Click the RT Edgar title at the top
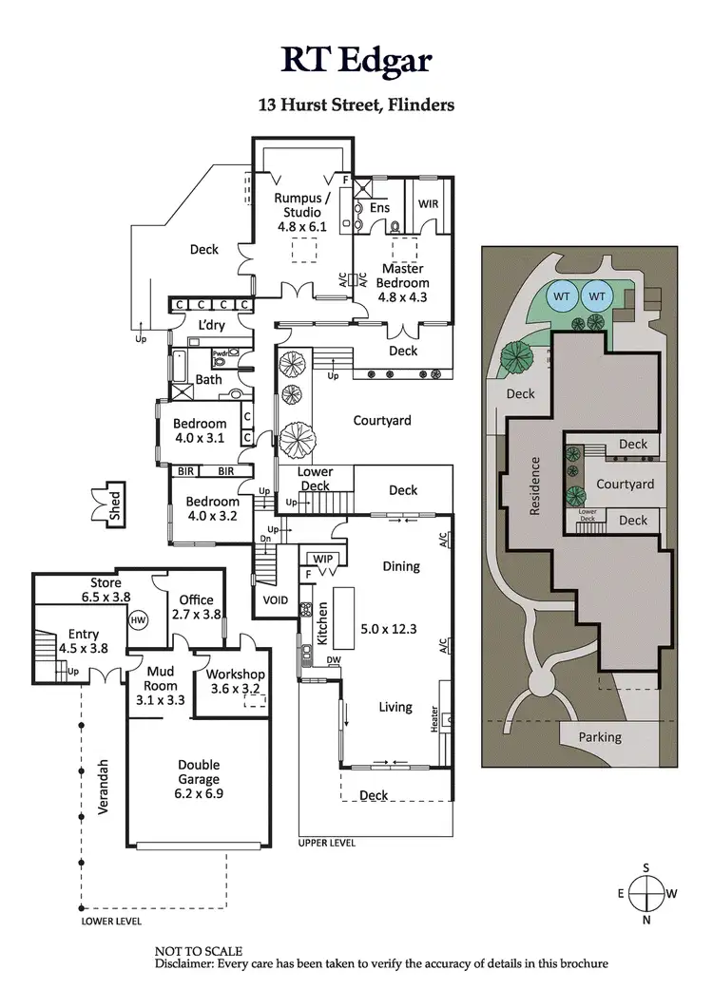point(356,59)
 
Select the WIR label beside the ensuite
point(429,203)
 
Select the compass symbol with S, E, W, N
point(646,893)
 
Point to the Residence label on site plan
point(535,486)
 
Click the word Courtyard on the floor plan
point(381,419)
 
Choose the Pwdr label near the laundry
point(222,353)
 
